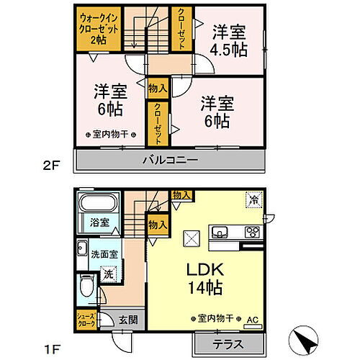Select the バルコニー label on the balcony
click(169, 161)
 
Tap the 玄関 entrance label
click(128, 320)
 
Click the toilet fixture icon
click(84, 289)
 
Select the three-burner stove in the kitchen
click(251, 232)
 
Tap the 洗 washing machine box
click(107, 274)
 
